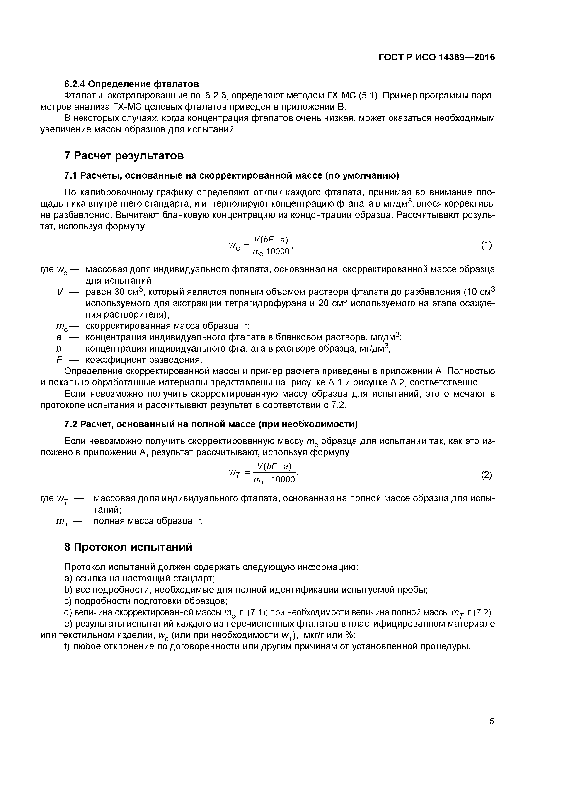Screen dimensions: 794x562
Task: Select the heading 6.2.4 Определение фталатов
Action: (132, 84)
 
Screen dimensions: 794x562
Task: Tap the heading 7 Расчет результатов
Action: (124, 156)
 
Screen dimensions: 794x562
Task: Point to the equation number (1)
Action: (486, 245)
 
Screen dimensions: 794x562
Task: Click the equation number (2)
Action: (486, 475)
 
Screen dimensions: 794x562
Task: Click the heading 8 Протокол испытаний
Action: (128, 548)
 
